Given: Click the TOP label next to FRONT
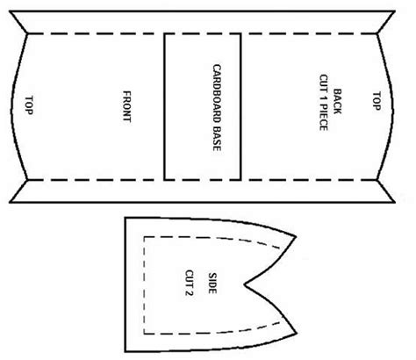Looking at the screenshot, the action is [x=29, y=105].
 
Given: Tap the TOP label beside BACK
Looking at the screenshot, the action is [x=377, y=101].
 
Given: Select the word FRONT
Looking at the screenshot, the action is [x=126, y=106].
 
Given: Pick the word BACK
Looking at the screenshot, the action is [x=337, y=101].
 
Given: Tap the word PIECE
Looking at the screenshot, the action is [x=323, y=119].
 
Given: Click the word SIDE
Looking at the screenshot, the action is [x=212, y=283].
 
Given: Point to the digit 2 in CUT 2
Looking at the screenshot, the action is [x=190, y=292].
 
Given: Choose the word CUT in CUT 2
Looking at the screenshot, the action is [x=190, y=277].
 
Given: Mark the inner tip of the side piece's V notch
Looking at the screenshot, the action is [x=245, y=284].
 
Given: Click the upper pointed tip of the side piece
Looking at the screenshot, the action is [x=296, y=236].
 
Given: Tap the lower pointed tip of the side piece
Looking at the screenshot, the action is [x=297, y=333].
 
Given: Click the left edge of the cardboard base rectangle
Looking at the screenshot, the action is [x=165, y=107].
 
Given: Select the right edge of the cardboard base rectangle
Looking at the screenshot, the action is [x=240, y=107].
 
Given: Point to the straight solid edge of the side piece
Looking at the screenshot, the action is [x=126, y=284].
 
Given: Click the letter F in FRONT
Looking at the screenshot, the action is [x=126, y=94].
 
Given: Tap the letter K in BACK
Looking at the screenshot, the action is [x=337, y=111].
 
